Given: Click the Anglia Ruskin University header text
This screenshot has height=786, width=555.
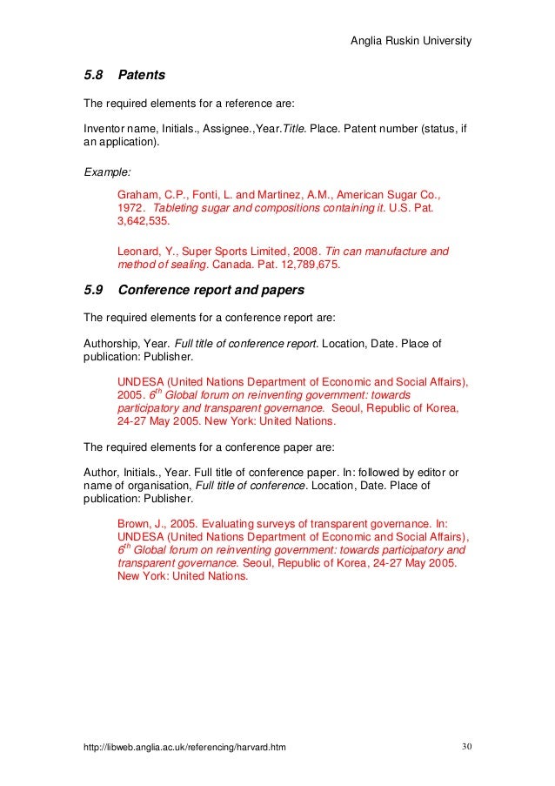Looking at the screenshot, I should coord(411,41).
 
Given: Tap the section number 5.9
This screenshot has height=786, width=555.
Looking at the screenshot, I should coord(92,291).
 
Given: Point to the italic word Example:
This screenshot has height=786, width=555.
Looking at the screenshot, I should coord(106,171).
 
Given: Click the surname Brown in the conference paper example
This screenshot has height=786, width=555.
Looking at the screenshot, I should coord(133,524).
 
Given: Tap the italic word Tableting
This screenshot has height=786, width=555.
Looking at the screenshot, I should coord(179,209).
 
